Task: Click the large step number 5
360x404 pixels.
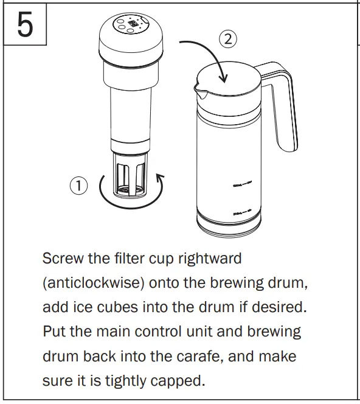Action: tap(24, 26)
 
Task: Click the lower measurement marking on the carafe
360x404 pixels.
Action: tap(246, 213)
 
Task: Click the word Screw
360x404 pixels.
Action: tap(60, 259)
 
